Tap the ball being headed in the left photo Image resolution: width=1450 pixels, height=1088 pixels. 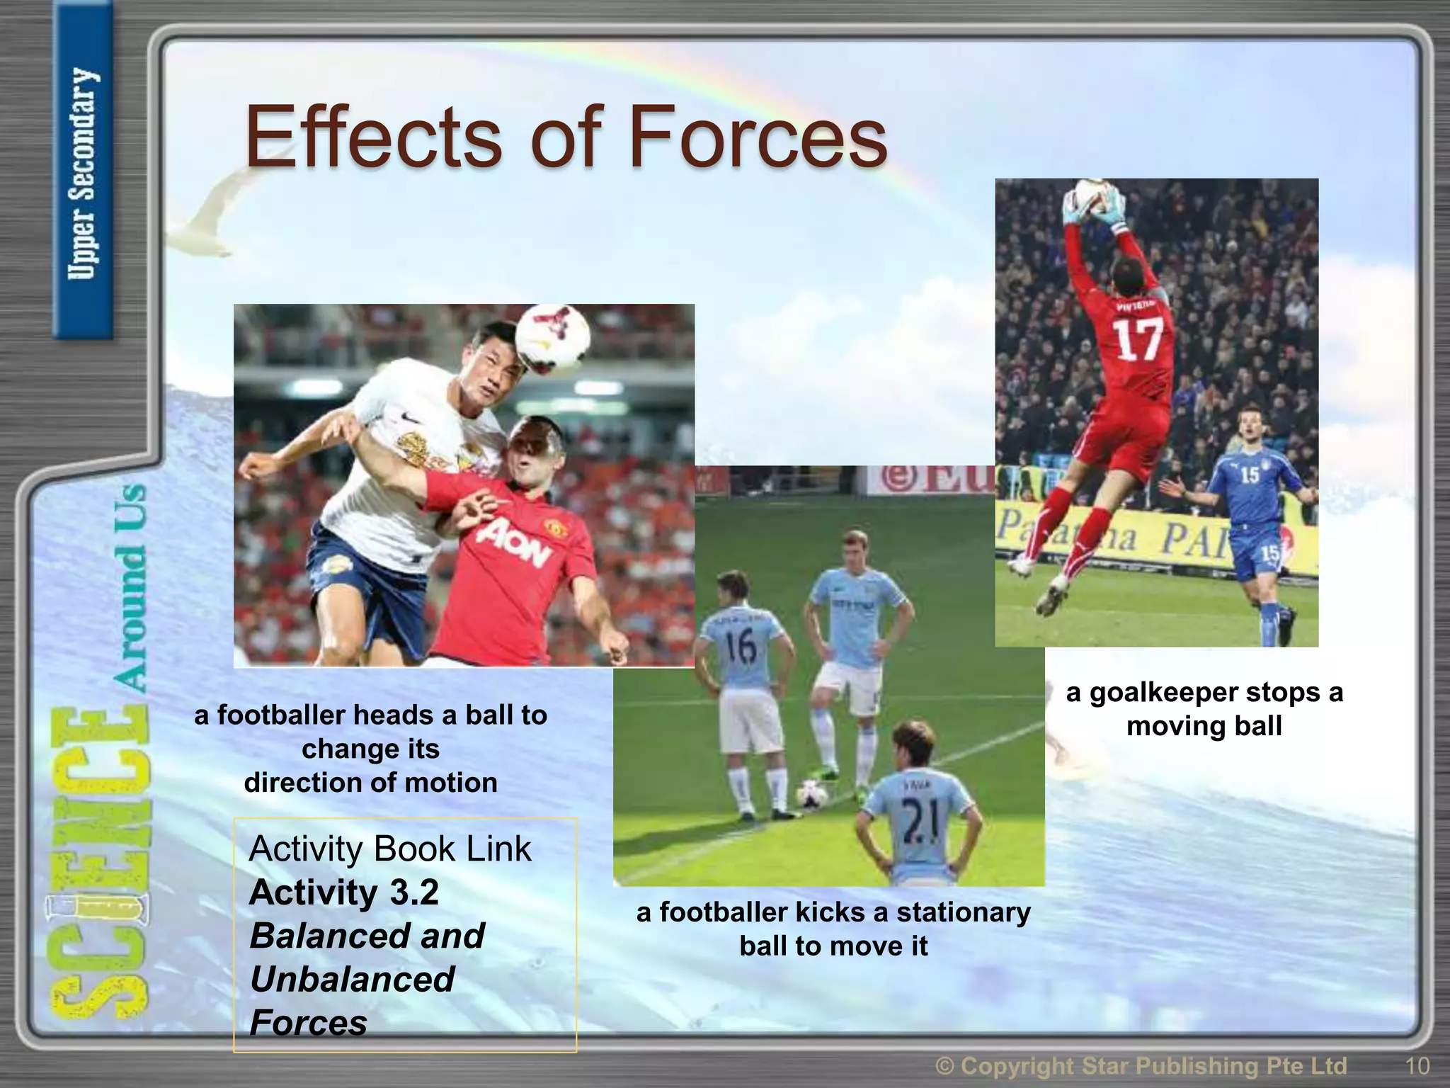pos(552,338)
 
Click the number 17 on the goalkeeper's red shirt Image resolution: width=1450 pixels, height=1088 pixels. pos(1139,339)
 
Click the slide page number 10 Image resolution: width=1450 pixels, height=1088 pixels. pos(1417,1065)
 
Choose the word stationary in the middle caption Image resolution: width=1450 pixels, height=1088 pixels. pos(964,912)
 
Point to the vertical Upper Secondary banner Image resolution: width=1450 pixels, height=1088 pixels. pos(83,174)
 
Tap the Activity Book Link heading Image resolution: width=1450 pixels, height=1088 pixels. pos(389,849)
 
